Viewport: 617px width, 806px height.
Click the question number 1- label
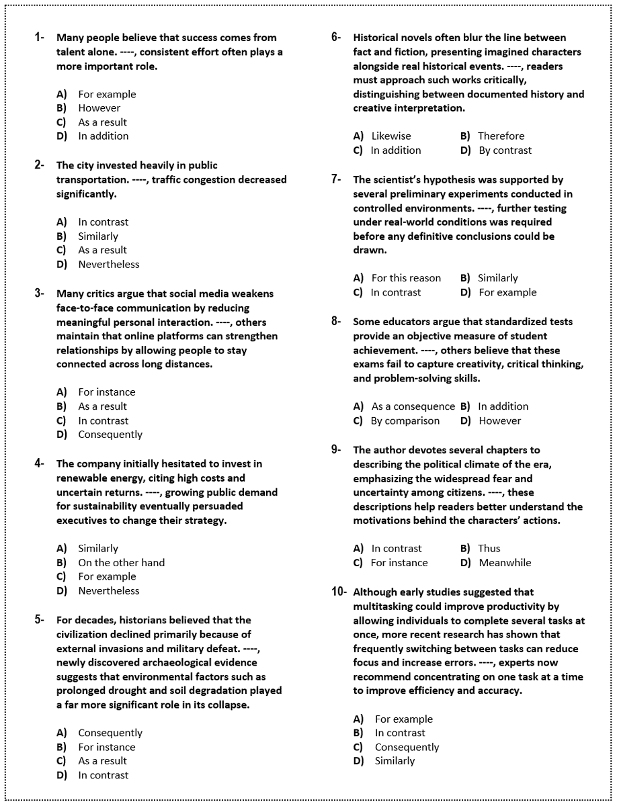point(40,38)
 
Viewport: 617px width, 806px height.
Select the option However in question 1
point(99,107)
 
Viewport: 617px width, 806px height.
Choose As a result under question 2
point(102,250)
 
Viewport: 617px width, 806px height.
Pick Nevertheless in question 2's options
point(108,264)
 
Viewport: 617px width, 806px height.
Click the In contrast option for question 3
point(103,420)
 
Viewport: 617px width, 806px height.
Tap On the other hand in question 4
point(121,562)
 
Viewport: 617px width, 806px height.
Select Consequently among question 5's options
point(110,733)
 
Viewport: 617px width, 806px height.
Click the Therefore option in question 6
point(501,136)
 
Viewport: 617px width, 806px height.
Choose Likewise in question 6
point(390,136)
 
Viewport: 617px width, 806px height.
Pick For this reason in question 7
point(406,278)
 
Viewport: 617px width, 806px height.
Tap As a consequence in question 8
point(413,406)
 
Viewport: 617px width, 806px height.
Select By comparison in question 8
point(405,420)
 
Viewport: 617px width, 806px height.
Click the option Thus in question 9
point(489,548)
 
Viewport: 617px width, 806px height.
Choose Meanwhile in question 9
point(504,563)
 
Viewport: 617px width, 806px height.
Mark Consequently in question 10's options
point(407,747)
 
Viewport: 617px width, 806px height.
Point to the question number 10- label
point(339,592)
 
